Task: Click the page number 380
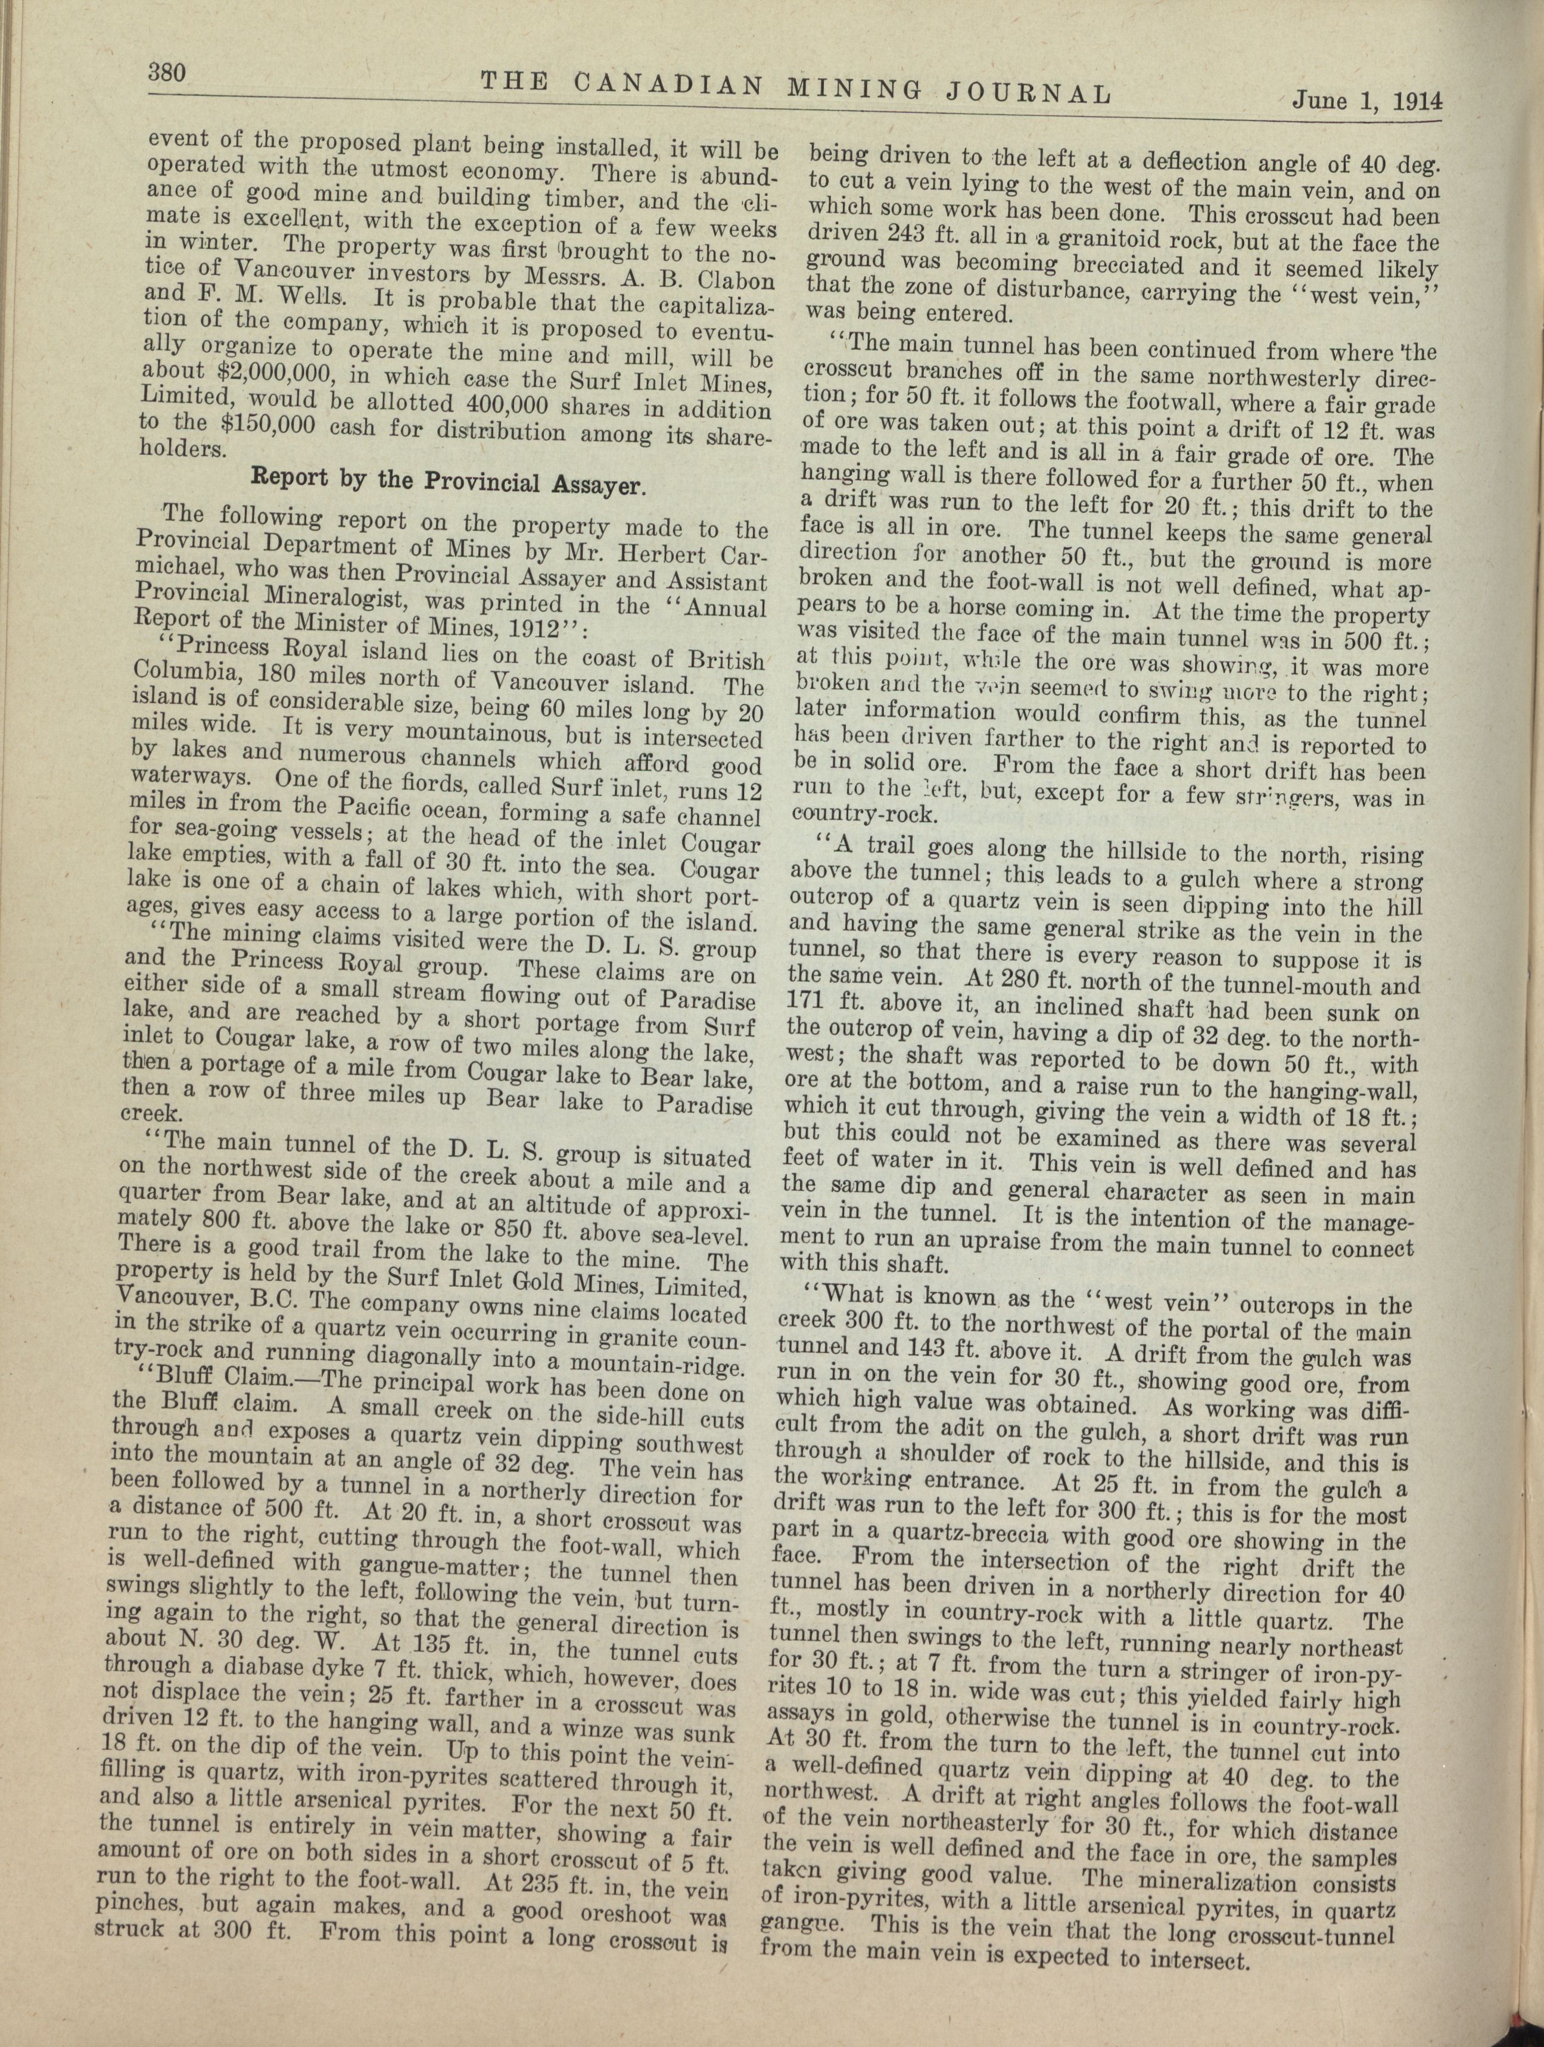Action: (167, 72)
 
